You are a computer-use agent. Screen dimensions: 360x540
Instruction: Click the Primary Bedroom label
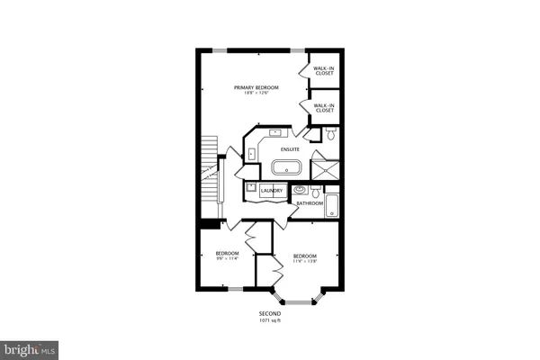click(256, 87)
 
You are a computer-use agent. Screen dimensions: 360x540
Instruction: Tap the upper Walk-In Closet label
click(324, 71)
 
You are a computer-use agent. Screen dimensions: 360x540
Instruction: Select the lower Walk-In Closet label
click(324, 108)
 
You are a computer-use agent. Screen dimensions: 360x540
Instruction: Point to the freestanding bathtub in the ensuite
click(288, 167)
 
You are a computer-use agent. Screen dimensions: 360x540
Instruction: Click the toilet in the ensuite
click(330, 136)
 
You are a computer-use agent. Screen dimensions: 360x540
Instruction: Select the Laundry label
click(272, 191)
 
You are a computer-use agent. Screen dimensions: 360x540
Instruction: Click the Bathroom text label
click(309, 204)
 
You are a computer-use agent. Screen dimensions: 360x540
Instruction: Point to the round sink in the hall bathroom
click(300, 191)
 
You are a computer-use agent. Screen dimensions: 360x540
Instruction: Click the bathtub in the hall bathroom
click(331, 204)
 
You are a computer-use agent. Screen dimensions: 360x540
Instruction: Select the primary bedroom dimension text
click(256, 94)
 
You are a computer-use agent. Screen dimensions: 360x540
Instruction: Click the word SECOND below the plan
click(271, 312)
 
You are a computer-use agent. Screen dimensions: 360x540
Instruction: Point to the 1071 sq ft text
click(271, 319)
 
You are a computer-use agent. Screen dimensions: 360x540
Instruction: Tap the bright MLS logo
click(31, 346)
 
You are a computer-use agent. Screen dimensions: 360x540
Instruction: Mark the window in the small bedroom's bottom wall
click(232, 288)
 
